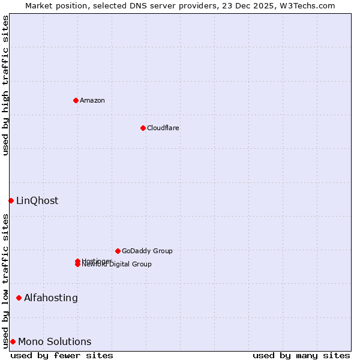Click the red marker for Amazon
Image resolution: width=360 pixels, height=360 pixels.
point(76,100)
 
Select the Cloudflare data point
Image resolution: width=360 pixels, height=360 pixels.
point(143,128)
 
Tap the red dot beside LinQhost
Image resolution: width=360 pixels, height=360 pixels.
point(11,200)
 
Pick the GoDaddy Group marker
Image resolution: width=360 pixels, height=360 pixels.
point(118,251)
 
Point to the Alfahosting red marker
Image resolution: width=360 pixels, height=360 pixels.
point(19,298)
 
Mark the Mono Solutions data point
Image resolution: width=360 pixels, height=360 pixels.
point(13,341)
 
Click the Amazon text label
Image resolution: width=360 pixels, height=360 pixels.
point(92,100)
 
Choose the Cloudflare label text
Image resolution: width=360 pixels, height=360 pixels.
point(163,128)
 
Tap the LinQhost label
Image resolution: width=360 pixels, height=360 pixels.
point(37,200)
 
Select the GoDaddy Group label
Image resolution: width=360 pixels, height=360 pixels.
point(147,251)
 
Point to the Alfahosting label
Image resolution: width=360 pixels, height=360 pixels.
point(51,298)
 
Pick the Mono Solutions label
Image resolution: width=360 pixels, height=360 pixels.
point(55,341)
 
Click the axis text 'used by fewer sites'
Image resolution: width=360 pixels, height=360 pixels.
point(62,355)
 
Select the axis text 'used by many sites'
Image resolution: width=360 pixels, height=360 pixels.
point(301,355)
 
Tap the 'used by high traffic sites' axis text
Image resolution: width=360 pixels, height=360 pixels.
point(5,85)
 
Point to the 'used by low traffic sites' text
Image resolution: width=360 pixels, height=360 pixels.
point(5,281)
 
